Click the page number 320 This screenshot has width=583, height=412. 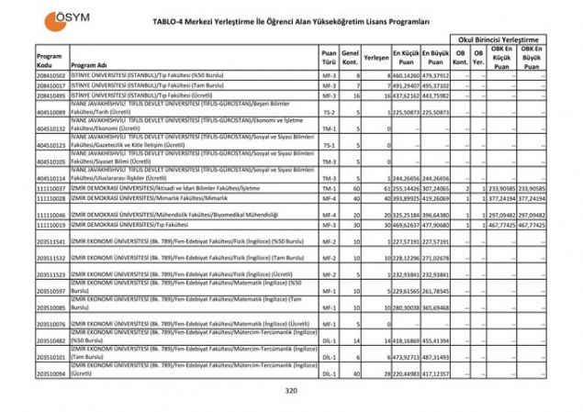pyautogui.click(x=292, y=391)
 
